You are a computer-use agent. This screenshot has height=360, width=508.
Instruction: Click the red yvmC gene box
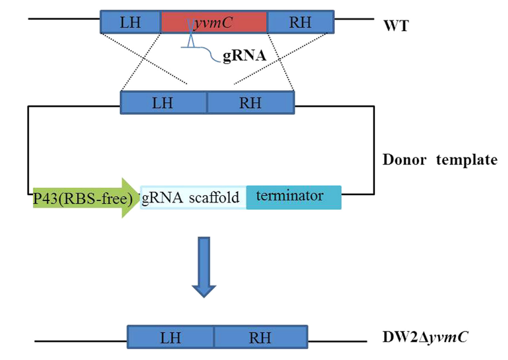(214, 22)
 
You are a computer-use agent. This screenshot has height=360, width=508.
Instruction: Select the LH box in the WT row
(130, 22)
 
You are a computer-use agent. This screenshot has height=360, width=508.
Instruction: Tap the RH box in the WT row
(300, 22)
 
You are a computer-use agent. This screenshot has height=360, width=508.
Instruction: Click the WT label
(395, 27)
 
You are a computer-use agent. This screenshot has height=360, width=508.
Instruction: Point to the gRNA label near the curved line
(244, 56)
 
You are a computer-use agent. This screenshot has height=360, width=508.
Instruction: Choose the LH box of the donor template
(163, 102)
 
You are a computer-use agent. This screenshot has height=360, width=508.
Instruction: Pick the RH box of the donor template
(250, 102)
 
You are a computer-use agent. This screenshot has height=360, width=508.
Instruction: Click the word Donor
(404, 160)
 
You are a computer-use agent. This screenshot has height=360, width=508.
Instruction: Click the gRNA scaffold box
(193, 197)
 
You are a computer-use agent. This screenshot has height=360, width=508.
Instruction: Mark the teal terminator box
(294, 196)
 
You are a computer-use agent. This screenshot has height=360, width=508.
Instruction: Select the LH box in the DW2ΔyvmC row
(170, 337)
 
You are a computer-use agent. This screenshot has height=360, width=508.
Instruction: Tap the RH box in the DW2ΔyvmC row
(260, 337)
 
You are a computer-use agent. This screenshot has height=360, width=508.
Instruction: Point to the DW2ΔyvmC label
(426, 336)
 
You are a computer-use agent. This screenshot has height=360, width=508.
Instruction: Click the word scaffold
(215, 197)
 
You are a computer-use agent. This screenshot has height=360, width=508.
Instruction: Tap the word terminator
(289, 195)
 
